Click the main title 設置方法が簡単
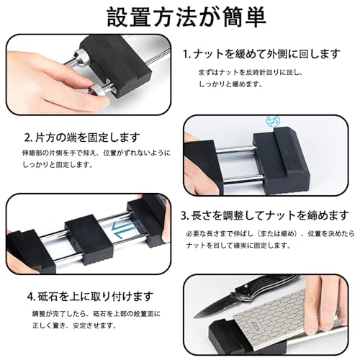pyautogui.click(x=186, y=17)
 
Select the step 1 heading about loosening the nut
pyautogui.click(x=261, y=54)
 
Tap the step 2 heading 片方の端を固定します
pyautogui.click(x=82, y=138)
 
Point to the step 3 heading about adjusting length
pyautogui.click(x=265, y=215)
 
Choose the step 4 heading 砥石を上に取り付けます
pyautogui.click(x=90, y=297)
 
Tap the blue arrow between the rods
pyautogui.click(x=122, y=230)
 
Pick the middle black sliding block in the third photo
pyautogui.click(x=89, y=240)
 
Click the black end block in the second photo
pyautogui.click(x=280, y=161)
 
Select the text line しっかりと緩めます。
pyautogui.click(x=230, y=84)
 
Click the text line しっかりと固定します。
pyautogui.click(x=58, y=165)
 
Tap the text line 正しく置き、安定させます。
pyautogui.click(x=74, y=325)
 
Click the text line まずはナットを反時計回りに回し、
pyautogui.click(x=251, y=72)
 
